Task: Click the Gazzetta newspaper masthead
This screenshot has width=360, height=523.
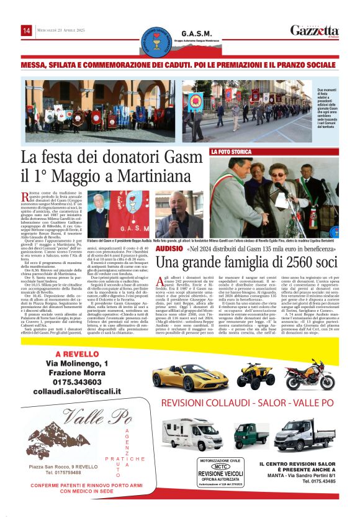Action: tap(314, 30)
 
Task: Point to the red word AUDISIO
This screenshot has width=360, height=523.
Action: tap(169, 248)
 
